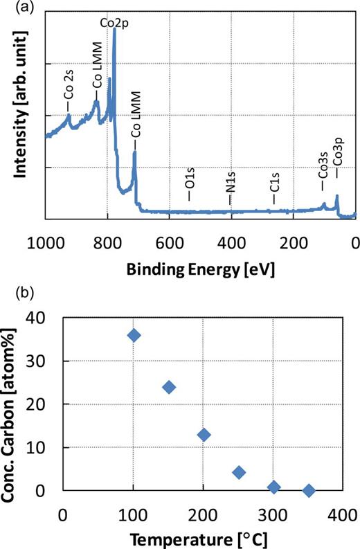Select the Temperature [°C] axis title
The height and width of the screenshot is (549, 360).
click(201, 537)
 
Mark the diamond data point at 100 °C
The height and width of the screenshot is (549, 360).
click(134, 335)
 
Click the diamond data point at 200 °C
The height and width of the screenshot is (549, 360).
click(204, 435)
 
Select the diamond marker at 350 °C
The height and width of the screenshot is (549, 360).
click(309, 491)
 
